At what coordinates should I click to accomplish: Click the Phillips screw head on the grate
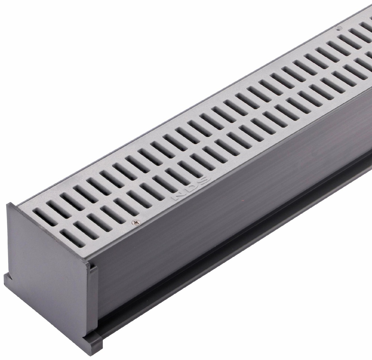[136, 222]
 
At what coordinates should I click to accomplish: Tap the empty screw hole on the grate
[339, 29]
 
